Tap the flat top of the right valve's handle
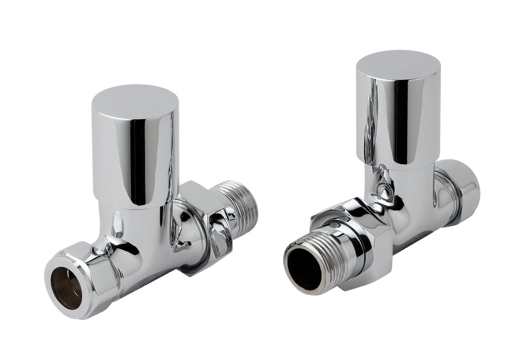[398, 63]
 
